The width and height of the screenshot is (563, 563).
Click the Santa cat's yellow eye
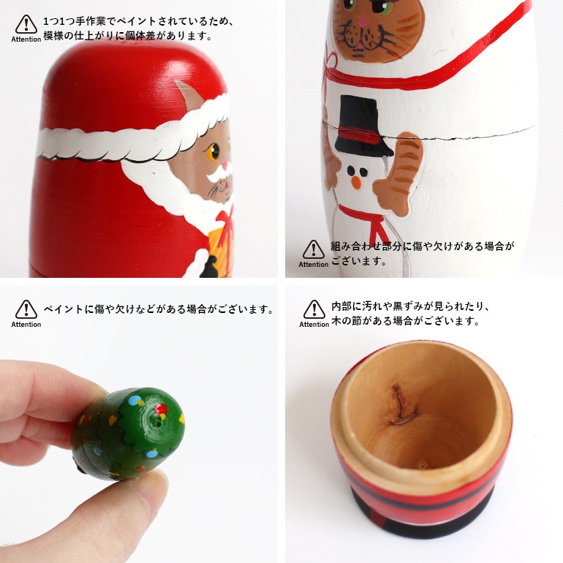[214, 153]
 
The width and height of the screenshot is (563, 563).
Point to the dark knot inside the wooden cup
[400, 406]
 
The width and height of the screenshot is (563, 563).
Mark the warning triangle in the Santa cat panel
[26, 25]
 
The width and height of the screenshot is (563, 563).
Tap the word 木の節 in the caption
[347, 320]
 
